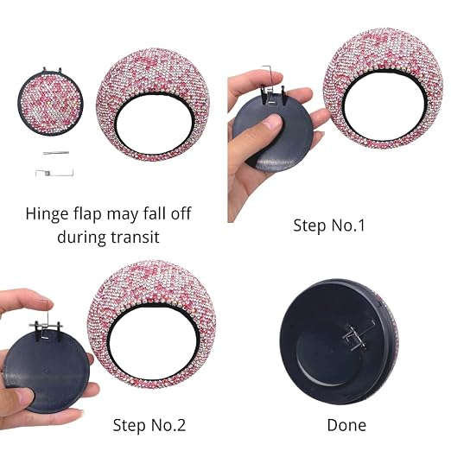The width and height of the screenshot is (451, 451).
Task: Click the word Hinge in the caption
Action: [x=47, y=214]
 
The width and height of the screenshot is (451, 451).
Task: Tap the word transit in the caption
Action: [x=135, y=238]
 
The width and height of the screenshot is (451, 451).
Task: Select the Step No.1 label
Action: [x=329, y=225]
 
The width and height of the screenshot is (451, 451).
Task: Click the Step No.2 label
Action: [x=149, y=425]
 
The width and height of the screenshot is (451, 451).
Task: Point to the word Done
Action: [x=346, y=425]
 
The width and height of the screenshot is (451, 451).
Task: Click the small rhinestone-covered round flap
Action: [x=50, y=103]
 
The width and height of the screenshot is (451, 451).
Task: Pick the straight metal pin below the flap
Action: [x=56, y=153]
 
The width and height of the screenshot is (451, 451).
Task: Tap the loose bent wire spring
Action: [x=54, y=173]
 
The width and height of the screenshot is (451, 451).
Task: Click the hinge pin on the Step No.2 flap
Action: [x=46, y=325]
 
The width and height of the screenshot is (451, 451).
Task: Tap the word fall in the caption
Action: [x=155, y=214]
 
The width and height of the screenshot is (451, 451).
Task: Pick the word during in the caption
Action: [x=81, y=238]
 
